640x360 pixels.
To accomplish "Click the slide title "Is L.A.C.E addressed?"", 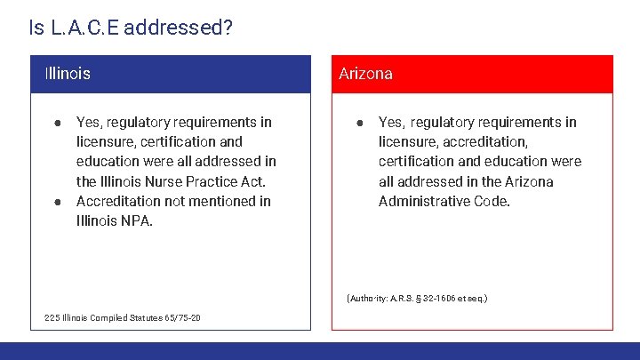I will [131, 28].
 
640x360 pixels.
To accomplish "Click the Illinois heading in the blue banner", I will [68, 74].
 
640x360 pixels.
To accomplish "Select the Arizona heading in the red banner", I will [365, 74].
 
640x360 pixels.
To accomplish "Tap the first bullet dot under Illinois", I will [56, 122].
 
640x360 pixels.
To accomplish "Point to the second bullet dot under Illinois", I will [56, 201].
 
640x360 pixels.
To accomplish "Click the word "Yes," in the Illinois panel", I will [90, 122].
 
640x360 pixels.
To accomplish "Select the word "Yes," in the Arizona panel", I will [392, 122].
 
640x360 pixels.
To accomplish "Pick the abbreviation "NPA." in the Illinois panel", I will [137, 220].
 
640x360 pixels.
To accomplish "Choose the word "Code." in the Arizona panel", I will [493, 201].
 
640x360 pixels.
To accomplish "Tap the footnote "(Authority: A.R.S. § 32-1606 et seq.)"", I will [417, 299].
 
